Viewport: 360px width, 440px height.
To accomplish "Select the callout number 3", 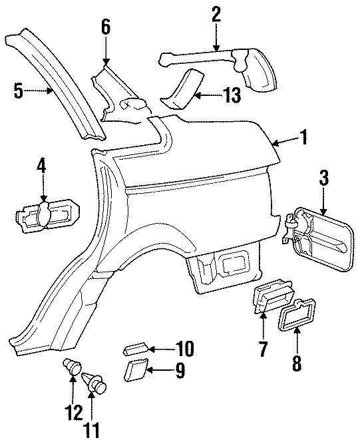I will coord(324,178).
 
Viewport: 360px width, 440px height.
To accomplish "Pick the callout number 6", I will coord(106,28).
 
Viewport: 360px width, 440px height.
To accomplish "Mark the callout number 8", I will coord(297,363).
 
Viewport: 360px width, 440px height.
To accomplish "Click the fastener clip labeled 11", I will coord(95,384).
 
